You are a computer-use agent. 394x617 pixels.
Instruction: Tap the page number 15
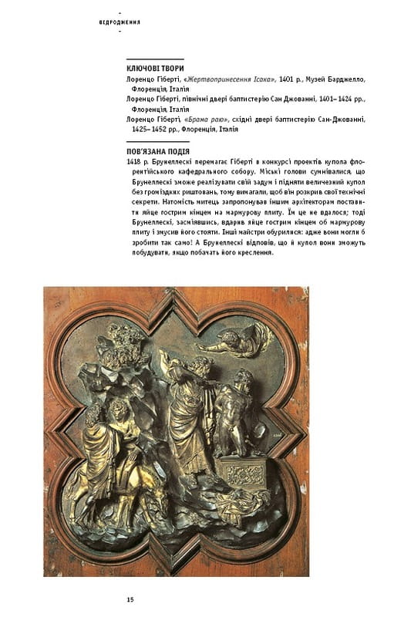(130, 599)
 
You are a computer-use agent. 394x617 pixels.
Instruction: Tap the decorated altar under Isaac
(239, 468)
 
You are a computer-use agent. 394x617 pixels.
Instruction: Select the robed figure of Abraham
(189, 409)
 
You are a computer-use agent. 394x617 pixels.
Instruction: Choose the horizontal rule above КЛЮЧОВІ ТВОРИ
(154, 59)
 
